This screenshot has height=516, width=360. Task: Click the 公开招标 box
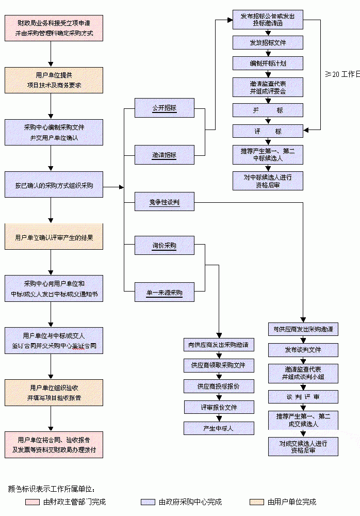point(164,108)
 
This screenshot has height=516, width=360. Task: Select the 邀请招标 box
point(164,155)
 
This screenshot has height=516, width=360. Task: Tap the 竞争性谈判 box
point(164,202)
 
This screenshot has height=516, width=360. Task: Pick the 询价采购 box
point(164,246)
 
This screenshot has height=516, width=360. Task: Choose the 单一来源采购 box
point(164,293)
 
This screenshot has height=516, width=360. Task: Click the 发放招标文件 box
point(267,42)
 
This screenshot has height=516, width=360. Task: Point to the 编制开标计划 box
point(267,63)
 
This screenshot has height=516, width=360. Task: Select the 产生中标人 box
point(219,428)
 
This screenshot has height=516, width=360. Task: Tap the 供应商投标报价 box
point(219,386)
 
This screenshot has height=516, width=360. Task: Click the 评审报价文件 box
point(219,407)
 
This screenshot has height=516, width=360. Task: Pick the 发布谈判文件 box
point(303,350)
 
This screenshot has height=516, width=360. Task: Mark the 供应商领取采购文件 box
point(219,365)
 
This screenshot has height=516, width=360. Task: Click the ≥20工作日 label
point(342,74)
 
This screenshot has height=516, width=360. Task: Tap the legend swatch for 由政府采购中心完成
point(148,502)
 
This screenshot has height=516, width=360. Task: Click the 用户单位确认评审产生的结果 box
point(54,237)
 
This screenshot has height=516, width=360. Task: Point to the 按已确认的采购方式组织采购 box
point(54,185)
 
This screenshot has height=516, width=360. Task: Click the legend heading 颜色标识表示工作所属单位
point(52,488)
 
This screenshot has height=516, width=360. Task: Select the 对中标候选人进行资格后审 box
point(267,181)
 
